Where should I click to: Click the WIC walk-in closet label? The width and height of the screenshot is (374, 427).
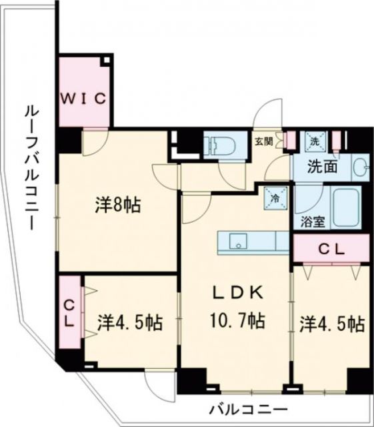click(84, 99)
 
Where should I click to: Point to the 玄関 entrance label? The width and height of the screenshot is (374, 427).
click(263, 141)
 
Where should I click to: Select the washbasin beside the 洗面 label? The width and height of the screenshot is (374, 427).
click(360, 167)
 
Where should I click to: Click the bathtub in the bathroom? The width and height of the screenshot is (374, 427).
click(347, 207)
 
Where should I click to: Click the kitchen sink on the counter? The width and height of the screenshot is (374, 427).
click(239, 240)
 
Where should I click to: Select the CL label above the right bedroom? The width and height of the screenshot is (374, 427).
click(330, 250)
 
